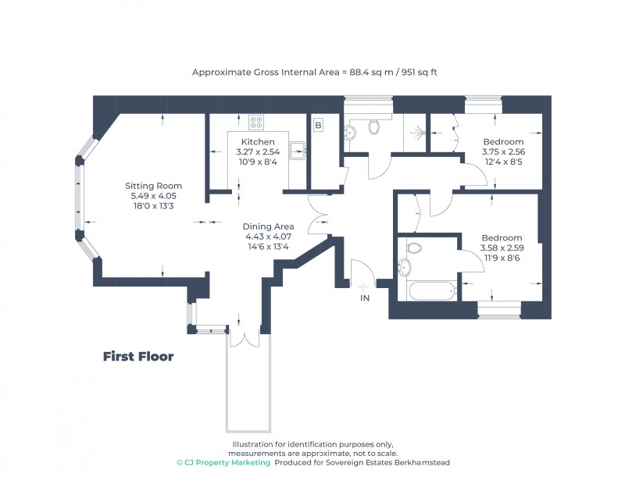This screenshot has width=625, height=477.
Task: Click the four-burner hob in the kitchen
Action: tap(256, 122)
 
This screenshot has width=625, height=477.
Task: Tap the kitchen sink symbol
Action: tap(298, 150)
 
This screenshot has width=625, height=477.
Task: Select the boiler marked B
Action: tap(318, 125)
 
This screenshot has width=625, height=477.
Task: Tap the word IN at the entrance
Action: tap(364, 298)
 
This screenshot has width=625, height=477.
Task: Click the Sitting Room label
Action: tap(148, 186)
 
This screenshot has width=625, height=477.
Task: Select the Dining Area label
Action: tap(267, 226)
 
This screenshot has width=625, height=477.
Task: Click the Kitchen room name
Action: tap(257, 141)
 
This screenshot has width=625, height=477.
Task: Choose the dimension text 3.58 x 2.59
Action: tap(501, 248)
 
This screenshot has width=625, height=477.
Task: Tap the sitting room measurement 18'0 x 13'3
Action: tap(148, 206)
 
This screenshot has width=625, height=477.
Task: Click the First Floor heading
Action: tap(138, 357)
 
